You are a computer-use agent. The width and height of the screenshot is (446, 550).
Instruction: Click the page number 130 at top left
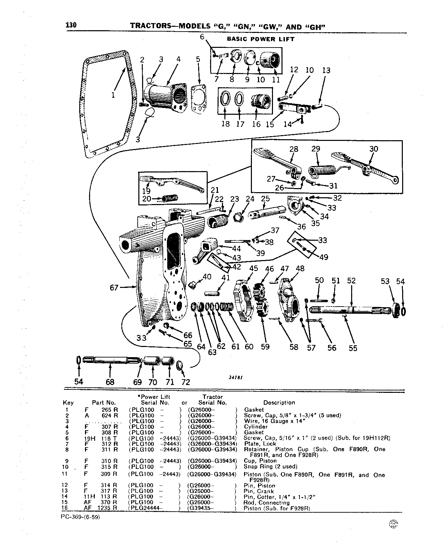pos(71,25)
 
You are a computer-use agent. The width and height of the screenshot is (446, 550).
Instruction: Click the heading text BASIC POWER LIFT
pos(261,39)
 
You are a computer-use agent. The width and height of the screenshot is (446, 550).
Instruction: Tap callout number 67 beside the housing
pos(114,288)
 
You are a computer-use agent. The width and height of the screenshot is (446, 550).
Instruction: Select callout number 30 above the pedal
pos(374,149)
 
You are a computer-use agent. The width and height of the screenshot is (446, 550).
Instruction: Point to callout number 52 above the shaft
pos(351,281)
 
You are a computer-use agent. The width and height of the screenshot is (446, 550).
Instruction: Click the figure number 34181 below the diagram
pos(235,378)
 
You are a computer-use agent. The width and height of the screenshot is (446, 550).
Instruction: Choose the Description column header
pos(279,403)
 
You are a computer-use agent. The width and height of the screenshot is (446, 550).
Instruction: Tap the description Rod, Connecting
pos(267,502)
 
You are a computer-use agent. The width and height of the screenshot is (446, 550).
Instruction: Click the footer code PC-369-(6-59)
pos(81,517)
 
